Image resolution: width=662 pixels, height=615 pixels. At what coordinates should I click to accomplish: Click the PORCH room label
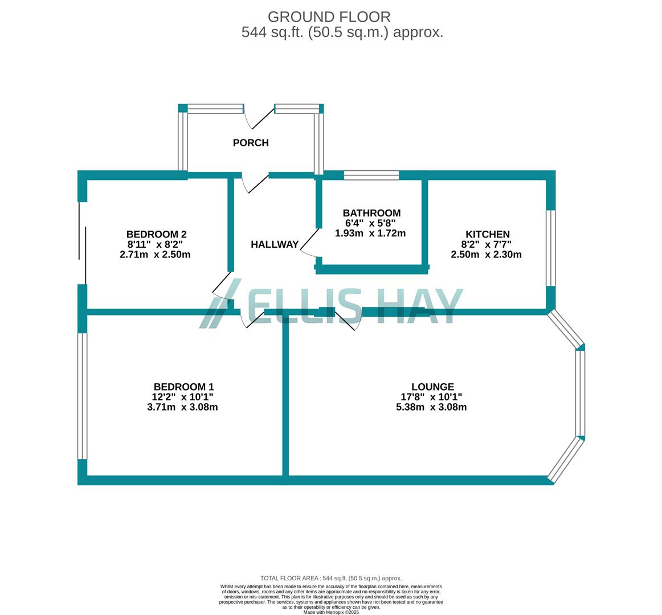point(251,143)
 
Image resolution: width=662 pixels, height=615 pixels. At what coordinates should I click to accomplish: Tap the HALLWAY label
point(275,244)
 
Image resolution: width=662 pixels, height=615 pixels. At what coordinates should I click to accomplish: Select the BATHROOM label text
point(371,214)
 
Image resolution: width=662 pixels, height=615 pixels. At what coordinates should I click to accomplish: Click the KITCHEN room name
point(487,234)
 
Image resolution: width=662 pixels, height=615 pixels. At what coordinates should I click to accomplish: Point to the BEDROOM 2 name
point(156,234)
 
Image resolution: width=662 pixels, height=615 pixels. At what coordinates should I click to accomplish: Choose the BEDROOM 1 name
point(183,387)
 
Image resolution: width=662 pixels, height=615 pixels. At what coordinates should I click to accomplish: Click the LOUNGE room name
point(432,387)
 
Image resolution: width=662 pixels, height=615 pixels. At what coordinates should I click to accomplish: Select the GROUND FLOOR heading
point(329,17)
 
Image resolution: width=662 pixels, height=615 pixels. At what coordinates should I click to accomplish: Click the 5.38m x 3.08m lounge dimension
point(431,407)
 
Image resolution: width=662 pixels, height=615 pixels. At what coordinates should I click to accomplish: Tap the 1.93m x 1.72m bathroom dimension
point(370,233)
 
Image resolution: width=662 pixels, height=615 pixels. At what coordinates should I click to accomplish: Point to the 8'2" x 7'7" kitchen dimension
point(487,244)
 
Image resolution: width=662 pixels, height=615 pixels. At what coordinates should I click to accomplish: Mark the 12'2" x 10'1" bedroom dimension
point(182,397)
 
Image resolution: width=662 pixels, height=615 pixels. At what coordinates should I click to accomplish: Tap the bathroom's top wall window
point(371,175)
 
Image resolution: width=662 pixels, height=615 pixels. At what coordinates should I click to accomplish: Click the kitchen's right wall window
point(550,248)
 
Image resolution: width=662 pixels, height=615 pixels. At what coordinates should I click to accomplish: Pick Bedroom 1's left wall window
point(82,396)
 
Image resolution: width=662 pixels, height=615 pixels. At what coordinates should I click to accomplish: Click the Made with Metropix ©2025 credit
point(331,612)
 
